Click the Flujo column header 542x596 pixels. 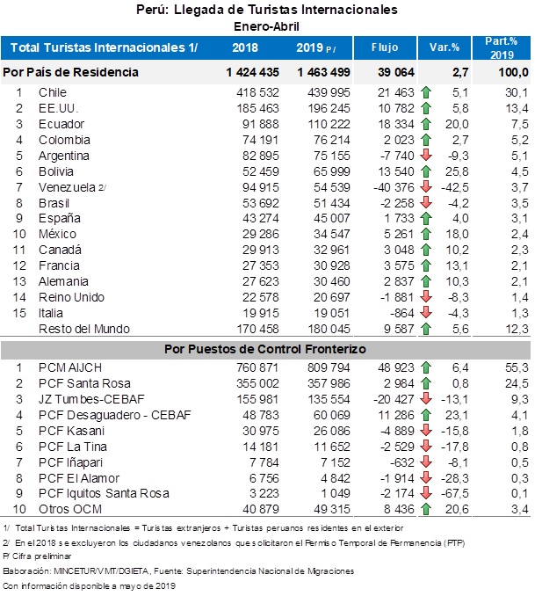pos(385,47)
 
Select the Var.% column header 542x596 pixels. pos(444,47)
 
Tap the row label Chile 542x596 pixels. pos(53,92)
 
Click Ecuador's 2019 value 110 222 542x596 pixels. pos(329,124)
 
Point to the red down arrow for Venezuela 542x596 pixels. pos(426,186)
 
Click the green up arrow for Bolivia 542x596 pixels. pos(426,171)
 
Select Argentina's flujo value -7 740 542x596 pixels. pos(397,156)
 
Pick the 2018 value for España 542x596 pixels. pos(261,219)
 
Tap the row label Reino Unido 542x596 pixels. pos(71,297)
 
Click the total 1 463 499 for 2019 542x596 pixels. pos(323,72)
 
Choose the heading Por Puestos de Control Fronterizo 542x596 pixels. pos(265,349)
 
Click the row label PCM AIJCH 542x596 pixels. pos(70,368)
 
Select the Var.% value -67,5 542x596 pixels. pos(455,493)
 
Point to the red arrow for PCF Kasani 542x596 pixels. pos(426,430)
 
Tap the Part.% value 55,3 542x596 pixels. pos(517,368)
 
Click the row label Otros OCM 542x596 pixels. pos(70,509)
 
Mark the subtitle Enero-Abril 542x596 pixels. pos(267,26)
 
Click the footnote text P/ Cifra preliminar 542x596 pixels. pos(37,556)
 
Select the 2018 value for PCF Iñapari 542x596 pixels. pos(264,462)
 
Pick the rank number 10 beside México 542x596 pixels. pos(19,234)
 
